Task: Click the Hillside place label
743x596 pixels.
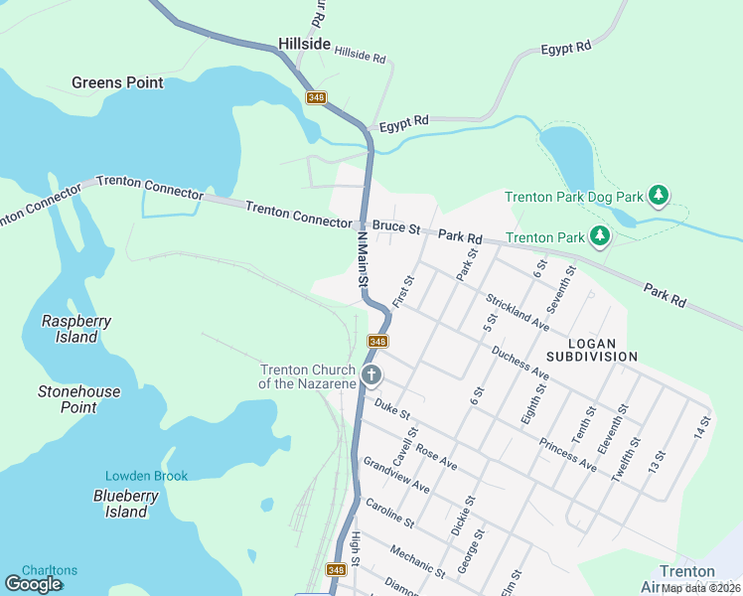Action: pyautogui.click(x=304, y=45)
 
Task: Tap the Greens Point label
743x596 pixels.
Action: pyautogui.click(x=117, y=82)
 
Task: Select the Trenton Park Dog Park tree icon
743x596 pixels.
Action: pyautogui.click(x=658, y=196)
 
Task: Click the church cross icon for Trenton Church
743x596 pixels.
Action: pyautogui.click(x=371, y=375)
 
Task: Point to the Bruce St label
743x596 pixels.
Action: pyautogui.click(x=397, y=227)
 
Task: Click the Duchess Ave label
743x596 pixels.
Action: pyautogui.click(x=520, y=363)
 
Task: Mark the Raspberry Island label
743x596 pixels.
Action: pyautogui.click(x=75, y=329)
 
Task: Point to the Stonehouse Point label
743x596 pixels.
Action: pyautogui.click(x=78, y=399)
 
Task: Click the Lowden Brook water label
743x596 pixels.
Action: pyautogui.click(x=146, y=476)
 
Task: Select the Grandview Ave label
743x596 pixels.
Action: pyautogui.click(x=396, y=475)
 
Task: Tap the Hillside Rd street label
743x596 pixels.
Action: pyautogui.click(x=360, y=55)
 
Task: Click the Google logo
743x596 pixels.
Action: pyautogui.click(x=34, y=584)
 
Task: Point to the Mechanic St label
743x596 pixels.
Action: pyautogui.click(x=418, y=561)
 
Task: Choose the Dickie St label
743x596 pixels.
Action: pyautogui.click(x=462, y=517)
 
